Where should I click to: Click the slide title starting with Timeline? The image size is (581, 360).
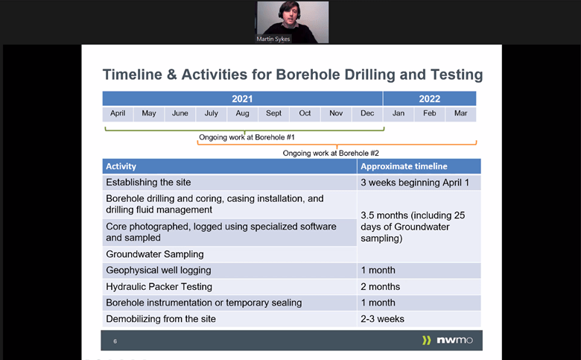pos(292,75)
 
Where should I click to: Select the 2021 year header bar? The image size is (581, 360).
pos(242,98)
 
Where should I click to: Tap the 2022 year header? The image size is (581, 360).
pos(429,98)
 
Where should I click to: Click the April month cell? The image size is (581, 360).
pos(118,113)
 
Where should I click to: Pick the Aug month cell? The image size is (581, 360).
pos(242,113)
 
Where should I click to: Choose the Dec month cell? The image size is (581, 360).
pos(367,113)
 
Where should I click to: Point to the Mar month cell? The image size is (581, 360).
pos(460,113)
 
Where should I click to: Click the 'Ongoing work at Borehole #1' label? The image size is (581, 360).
pos(247,137)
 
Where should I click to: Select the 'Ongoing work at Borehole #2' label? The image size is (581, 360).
pos(331,153)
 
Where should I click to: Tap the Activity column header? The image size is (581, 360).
pos(121,166)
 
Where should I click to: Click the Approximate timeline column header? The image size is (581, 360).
pos(404,166)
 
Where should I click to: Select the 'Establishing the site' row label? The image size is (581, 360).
pos(148,183)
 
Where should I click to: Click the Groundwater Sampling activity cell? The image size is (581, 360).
pos(155,254)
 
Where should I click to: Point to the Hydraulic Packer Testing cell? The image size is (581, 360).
pos(159,286)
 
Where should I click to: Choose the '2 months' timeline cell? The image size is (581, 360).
pos(380,286)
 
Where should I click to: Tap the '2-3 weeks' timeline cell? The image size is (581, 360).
pos(382,319)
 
